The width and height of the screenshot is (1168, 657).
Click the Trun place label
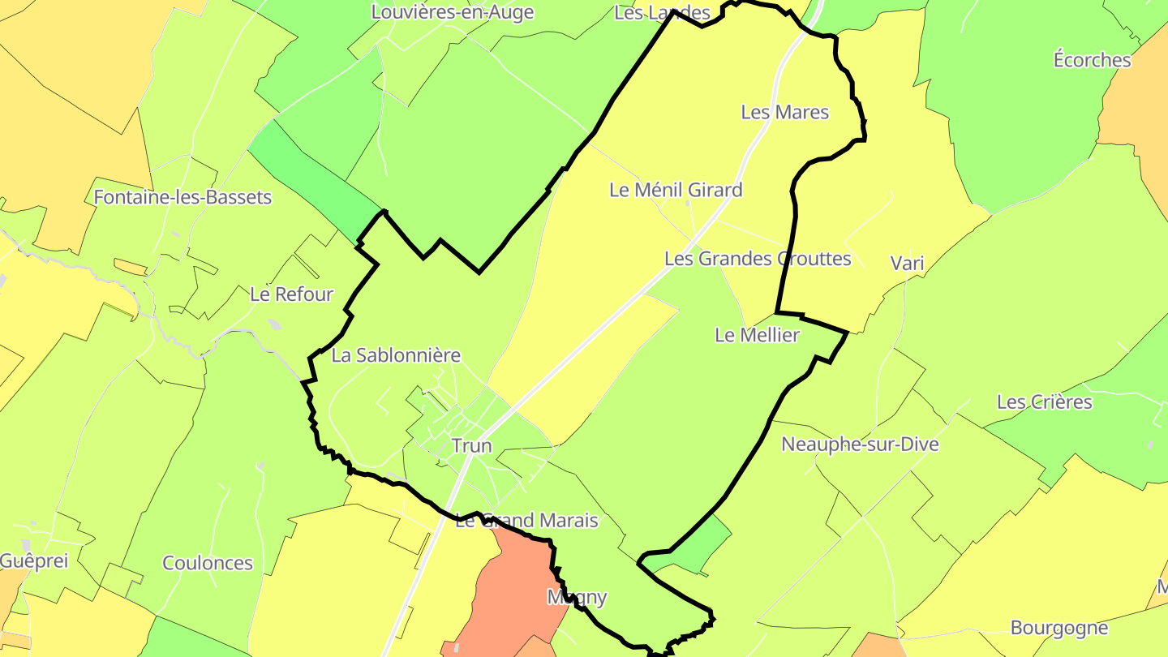[x=471, y=445]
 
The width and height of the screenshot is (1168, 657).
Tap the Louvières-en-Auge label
[x=453, y=12]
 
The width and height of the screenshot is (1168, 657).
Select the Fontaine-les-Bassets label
[x=182, y=197]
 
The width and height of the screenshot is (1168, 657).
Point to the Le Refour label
[x=291, y=294]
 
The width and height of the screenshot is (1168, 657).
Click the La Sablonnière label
[x=396, y=355]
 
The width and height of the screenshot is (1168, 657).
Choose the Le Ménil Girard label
[x=676, y=190]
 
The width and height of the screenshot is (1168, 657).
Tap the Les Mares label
[x=784, y=112]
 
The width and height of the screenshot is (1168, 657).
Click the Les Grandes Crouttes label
[x=758, y=259]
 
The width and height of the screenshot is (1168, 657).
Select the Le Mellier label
[x=757, y=335]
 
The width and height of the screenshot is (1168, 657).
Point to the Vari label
[x=907, y=263]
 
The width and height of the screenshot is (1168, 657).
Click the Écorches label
[x=1092, y=60]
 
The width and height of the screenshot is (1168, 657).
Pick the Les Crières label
[x=1044, y=402]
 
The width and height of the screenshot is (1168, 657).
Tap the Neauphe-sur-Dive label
[x=860, y=444]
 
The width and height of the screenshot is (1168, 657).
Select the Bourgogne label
[x=1058, y=628]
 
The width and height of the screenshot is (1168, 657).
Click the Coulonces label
[x=208, y=563]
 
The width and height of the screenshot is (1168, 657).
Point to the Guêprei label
[x=35, y=560]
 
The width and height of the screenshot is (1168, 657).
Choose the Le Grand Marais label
[x=526, y=521]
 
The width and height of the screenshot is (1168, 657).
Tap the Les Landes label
[x=662, y=12]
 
